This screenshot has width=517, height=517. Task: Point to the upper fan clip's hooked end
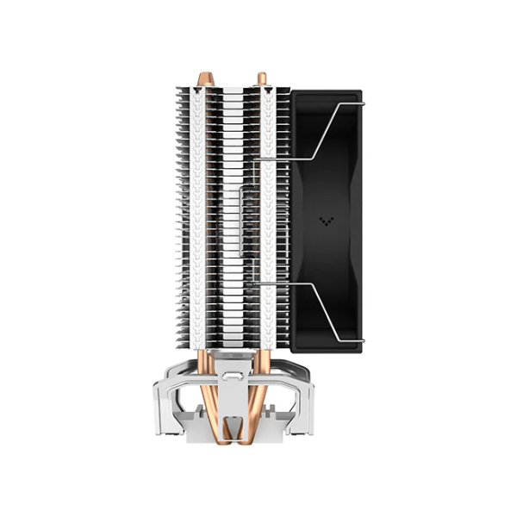coord(361,106)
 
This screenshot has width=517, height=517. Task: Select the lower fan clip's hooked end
coord(361,339)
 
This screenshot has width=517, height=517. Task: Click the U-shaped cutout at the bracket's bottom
coord(234,427)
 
